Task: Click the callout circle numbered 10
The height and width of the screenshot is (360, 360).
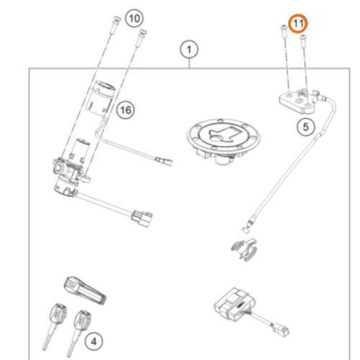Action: tap(135, 18)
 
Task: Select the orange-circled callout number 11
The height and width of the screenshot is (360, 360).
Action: tap(298, 24)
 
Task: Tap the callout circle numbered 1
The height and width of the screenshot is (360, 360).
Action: tap(189, 50)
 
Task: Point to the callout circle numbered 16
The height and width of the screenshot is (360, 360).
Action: tap(125, 110)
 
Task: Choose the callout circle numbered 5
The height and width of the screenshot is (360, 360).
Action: tap(306, 127)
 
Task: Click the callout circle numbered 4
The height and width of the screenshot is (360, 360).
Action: tap(94, 341)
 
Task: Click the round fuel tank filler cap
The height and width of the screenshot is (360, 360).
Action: tap(223, 141)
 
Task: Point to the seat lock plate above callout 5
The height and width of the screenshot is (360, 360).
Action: tap(297, 102)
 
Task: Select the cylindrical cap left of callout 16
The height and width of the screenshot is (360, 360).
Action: tap(102, 99)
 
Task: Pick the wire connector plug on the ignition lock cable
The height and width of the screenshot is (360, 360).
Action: tap(142, 217)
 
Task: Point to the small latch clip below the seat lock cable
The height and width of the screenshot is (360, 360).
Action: tap(244, 248)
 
